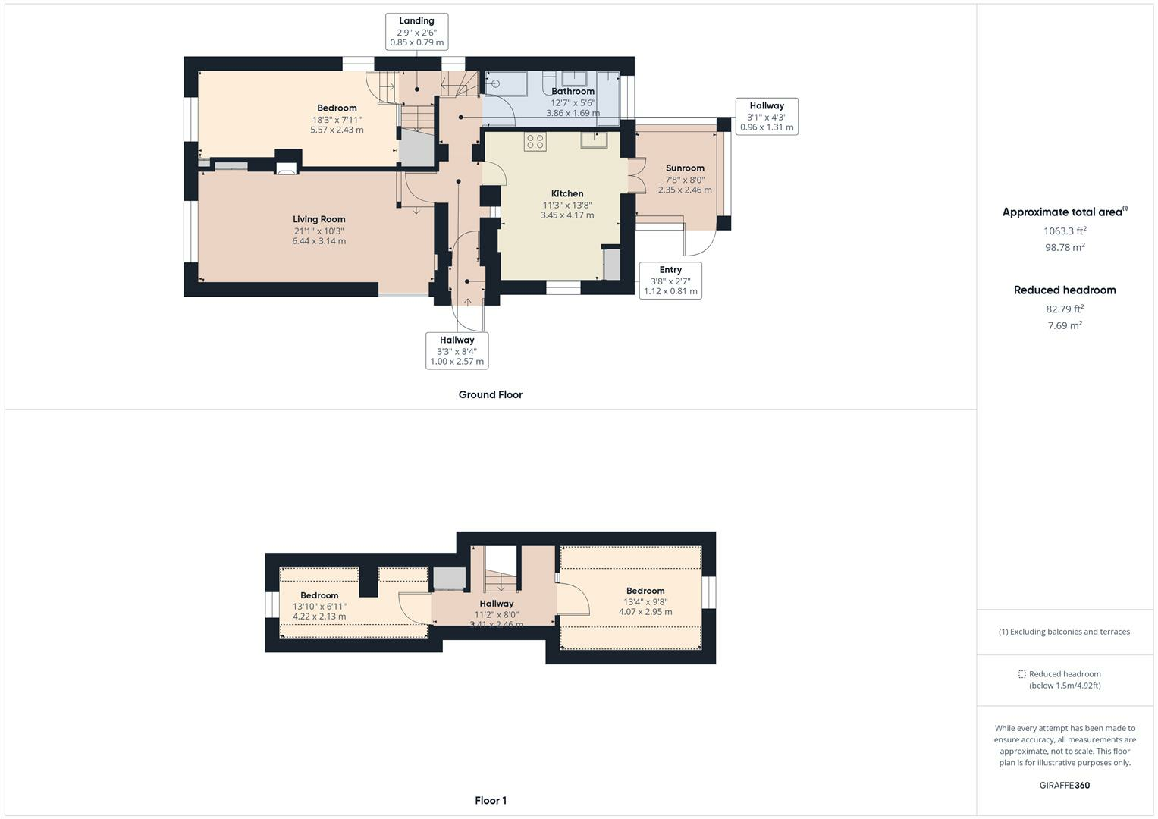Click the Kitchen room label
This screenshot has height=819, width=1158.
pyautogui.click(x=567, y=193)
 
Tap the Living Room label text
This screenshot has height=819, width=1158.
pyautogui.click(x=319, y=219)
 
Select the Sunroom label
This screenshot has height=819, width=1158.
pyautogui.click(x=685, y=168)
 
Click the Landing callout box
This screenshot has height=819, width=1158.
pyautogui.click(x=416, y=32)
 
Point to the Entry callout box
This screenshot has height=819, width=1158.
pyautogui.click(x=670, y=281)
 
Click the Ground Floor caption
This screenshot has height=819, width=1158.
pyautogui.click(x=491, y=394)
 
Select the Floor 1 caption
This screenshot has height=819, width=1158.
pyautogui.click(x=491, y=800)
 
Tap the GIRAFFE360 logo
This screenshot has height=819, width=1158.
pyautogui.click(x=1065, y=785)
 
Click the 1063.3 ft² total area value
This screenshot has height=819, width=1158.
pyautogui.click(x=1065, y=231)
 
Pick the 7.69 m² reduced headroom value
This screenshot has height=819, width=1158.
pyautogui.click(x=1065, y=325)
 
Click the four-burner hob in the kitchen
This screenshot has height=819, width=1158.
pyautogui.click(x=535, y=142)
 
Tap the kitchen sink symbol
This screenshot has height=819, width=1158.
pyautogui.click(x=594, y=140)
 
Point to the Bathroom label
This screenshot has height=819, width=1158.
pyautogui.click(x=573, y=91)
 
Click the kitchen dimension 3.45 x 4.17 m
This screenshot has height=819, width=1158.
pyautogui.click(x=567, y=215)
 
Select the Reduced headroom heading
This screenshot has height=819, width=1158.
pyautogui.click(x=1065, y=290)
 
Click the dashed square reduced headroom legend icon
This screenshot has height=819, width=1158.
pyautogui.click(x=1022, y=674)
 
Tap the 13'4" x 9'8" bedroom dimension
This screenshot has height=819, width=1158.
pyautogui.click(x=645, y=602)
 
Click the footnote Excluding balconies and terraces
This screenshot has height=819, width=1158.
pyautogui.click(x=1065, y=631)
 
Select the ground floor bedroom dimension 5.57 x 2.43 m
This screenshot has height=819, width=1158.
pyautogui.click(x=337, y=130)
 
